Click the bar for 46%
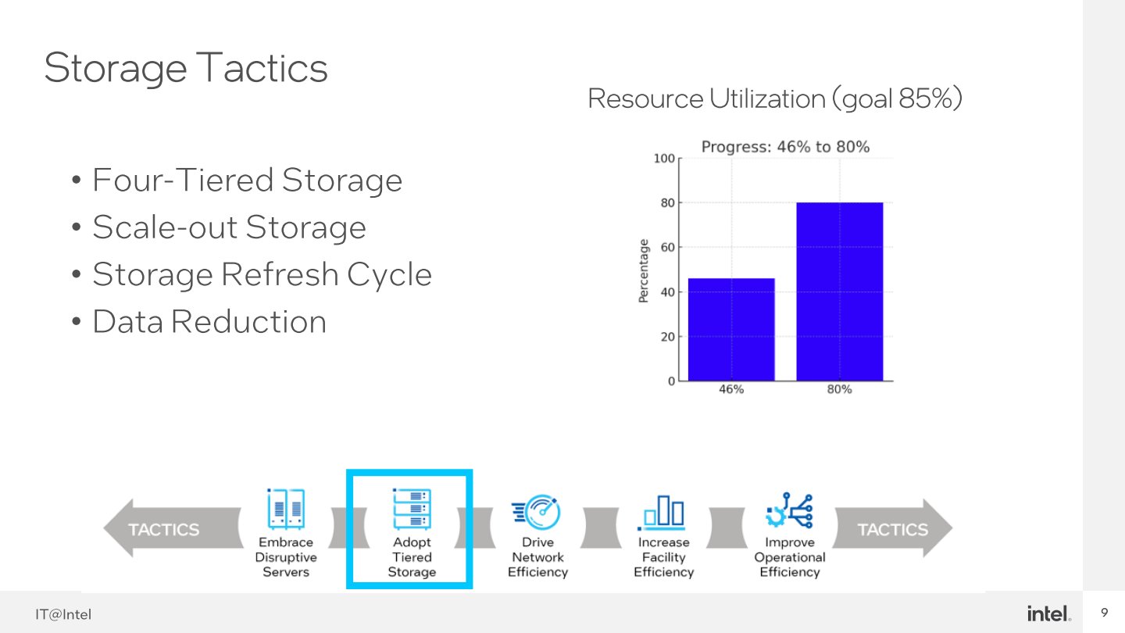point(731,330)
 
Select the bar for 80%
point(840,291)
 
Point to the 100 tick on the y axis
point(664,158)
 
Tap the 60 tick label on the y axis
point(668,247)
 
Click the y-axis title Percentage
point(644,270)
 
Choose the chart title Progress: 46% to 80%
point(785,147)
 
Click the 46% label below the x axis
point(731,389)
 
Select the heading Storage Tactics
point(186,68)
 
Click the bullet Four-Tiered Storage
point(247,180)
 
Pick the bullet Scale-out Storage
point(229,227)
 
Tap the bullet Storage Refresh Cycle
point(262,274)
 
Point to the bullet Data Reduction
point(209,321)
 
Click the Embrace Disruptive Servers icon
point(286,509)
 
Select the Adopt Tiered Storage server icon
point(412,509)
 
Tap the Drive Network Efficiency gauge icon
point(537,512)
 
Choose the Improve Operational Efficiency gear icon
point(789,510)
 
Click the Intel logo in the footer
point(1048,613)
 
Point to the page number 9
point(1105,613)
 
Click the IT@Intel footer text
point(63,614)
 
